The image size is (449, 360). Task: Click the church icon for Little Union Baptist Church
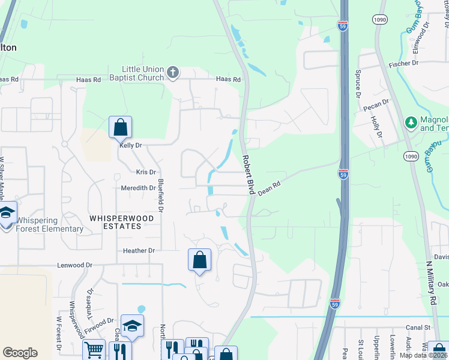tap(173, 73)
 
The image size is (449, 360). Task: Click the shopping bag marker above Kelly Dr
tap(120, 127)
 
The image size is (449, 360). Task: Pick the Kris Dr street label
tap(146, 172)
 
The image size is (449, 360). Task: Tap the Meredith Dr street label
tap(139, 188)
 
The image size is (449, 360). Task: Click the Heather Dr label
tap(139, 250)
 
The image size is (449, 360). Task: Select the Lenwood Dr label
tap(75, 265)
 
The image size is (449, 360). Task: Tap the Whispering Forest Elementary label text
tap(50, 229)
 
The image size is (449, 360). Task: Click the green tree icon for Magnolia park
tap(411, 123)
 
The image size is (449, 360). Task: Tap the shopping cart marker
tap(94, 350)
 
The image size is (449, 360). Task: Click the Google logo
tap(20, 353)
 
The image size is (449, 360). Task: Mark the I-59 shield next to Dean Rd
tap(343, 174)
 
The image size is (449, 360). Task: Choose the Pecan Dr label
tap(376, 106)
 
